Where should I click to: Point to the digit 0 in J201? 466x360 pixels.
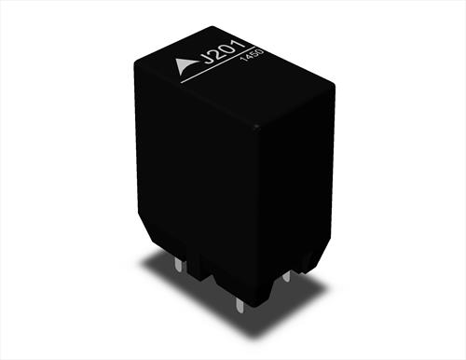pos(228,48)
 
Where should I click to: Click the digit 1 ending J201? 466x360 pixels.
pos(240,44)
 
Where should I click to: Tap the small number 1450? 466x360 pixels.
pos(252,55)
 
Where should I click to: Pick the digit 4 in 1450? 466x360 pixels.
pos(249,57)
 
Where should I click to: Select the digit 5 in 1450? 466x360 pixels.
pos(254,53)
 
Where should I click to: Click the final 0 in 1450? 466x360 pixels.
pos(260,50)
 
